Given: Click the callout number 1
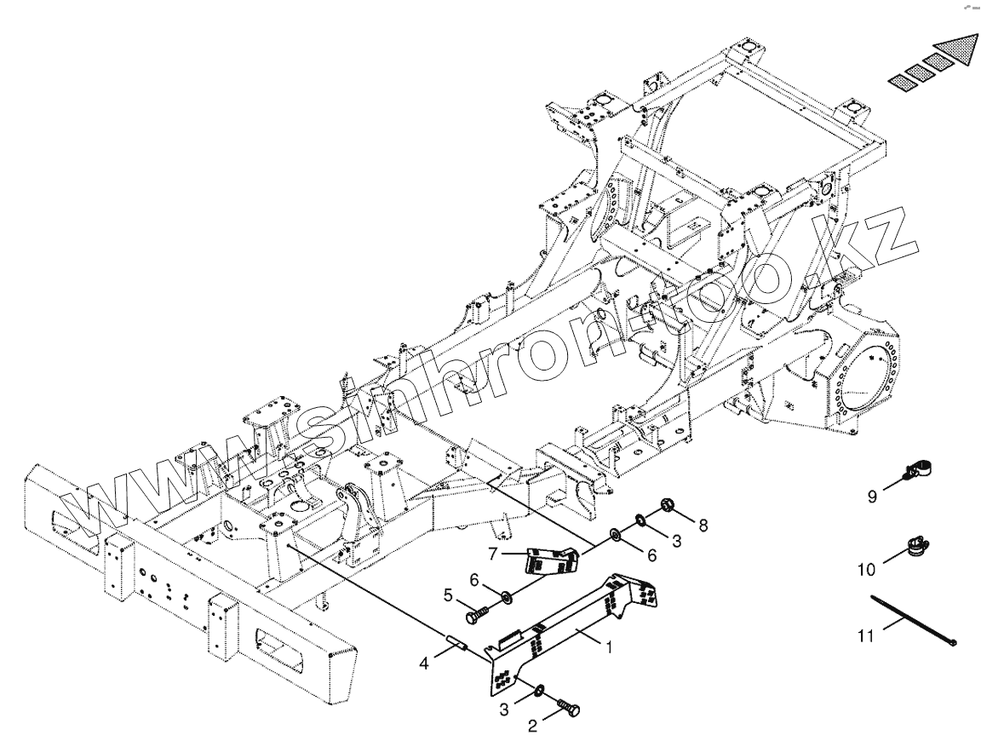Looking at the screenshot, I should pos(609,647).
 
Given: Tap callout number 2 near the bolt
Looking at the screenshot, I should pos(532,726).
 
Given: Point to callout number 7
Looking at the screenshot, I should pos(493,554).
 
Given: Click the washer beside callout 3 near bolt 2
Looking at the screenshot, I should pos(541,688).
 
